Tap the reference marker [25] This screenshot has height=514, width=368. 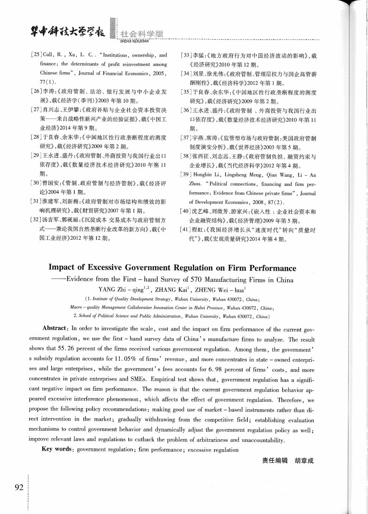coord(36,55)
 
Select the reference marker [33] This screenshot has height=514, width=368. coord(186,56)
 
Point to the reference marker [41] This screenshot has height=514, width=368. coord(186,230)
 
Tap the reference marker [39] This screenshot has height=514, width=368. coord(186,175)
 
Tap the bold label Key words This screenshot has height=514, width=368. coord(56,449)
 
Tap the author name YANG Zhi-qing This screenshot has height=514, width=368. coord(122,290)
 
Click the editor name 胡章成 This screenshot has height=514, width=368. coord(304,461)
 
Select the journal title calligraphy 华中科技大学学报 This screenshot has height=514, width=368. coord(67,33)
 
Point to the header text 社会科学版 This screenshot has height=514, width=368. coord(142,34)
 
